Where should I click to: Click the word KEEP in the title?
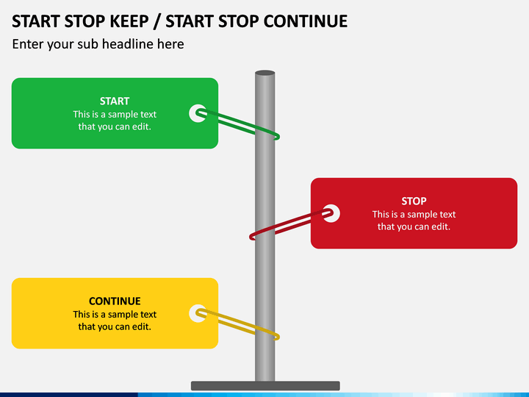(129, 21)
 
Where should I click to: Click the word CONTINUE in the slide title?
(306, 21)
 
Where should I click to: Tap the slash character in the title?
(156, 22)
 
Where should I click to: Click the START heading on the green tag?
(115, 101)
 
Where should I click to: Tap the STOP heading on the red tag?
(414, 201)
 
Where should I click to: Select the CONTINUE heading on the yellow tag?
(115, 301)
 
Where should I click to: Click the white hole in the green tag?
(198, 113)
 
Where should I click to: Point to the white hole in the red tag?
(331, 213)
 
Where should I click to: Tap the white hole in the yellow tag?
(198, 313)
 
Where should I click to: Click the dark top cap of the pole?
(264, 73)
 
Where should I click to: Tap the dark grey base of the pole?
(265, 385)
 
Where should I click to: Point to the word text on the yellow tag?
(148, 315)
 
